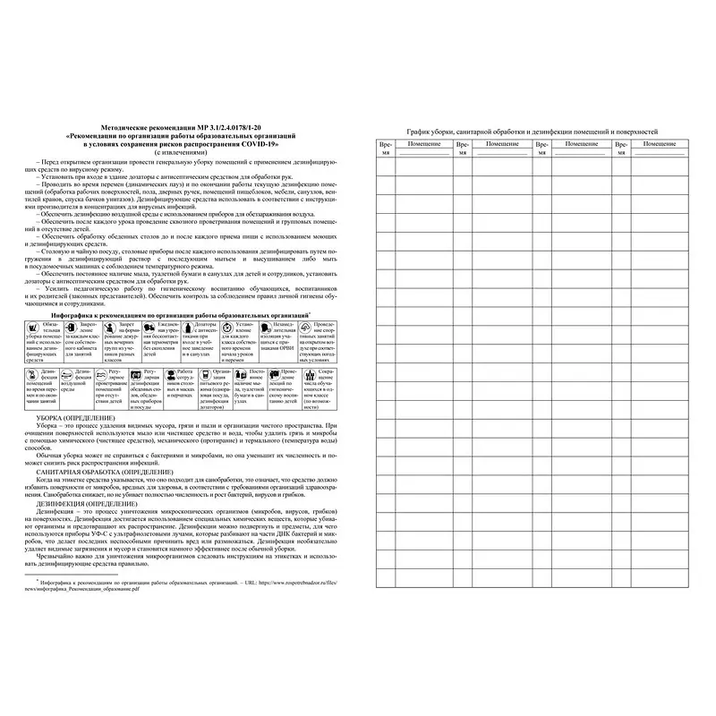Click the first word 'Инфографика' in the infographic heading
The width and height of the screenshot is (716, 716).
pos(73,316)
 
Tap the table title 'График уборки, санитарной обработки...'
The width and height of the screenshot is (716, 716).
pos(533,132)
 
